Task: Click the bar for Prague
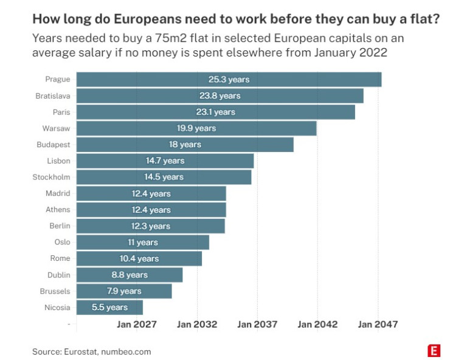click(x=229, y=80)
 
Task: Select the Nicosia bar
click(x=109, y=307)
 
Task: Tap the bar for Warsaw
click(x=196, y=128)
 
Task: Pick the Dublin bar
click(x=130, y=275)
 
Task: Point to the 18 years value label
click(x=185, y=145)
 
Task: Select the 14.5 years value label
click(x=164, y=177)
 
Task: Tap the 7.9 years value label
click(x=124, y=291)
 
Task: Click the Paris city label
click(x=61, y=112)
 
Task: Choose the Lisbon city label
click(x=58, y=161)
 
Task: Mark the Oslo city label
click(x=62, y=242)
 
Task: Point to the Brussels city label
click(x=55, y=291)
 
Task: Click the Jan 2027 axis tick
click(x=137, y=325)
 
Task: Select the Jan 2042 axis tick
click(x=317, y=325)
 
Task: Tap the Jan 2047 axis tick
click(x=378, y=325)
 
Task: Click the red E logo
click(x=434, y=351)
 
